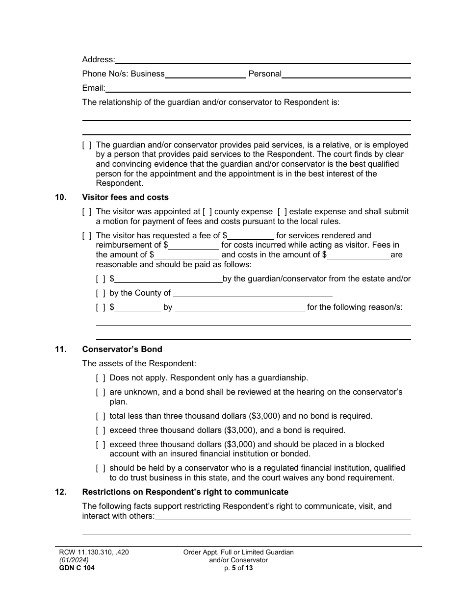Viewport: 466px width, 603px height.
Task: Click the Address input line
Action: [x=262, y=60]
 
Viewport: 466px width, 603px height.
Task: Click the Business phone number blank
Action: [x=205, y=75]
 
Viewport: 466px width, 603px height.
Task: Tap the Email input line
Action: [x=258, y=89]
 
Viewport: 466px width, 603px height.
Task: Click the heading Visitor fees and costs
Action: [x=125, y=198]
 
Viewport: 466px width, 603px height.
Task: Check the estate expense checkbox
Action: [x=282, y=212]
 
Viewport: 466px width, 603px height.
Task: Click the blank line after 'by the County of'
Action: [x=253, y=294]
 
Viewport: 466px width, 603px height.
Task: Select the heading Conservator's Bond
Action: [x=122, y=350]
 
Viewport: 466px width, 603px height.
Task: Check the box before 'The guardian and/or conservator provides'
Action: [x=87, y=145]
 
